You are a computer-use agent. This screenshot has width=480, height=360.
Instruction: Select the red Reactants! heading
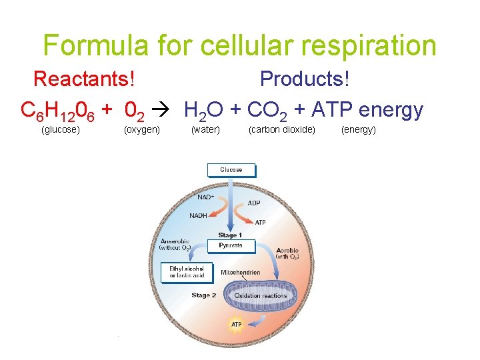tap(84, 79)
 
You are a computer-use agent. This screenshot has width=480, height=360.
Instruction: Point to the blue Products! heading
tap(305, 79)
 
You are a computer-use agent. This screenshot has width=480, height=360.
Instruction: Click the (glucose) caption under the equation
tap(61, 129)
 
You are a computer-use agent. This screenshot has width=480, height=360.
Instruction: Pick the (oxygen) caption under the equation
tap(142, 129)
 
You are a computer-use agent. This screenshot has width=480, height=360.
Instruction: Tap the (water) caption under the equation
tap(205, 129)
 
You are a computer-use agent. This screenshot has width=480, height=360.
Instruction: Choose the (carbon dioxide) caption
tap(282, 129)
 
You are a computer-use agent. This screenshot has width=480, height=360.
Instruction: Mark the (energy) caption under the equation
tap(359, 129)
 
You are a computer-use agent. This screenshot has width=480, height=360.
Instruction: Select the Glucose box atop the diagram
tap(231, 170)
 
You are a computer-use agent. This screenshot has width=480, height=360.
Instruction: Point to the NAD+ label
tap(206, 197)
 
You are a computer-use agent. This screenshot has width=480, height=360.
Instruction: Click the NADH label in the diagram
tap(198, 215)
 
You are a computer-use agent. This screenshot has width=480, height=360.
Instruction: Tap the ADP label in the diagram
tap(254, 203)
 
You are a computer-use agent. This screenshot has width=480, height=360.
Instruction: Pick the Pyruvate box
tap(231, 246)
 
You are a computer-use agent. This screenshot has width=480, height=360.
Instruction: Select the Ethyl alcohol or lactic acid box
tap(187, 272)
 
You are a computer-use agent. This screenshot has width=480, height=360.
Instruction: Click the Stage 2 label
tap(203, 295)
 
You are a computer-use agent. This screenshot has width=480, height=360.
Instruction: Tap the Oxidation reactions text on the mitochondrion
tap(261, 295)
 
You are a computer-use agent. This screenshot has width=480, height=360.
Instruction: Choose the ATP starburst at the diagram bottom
tap(236, 325)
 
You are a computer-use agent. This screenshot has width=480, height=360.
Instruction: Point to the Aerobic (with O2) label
tap(288, 253)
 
